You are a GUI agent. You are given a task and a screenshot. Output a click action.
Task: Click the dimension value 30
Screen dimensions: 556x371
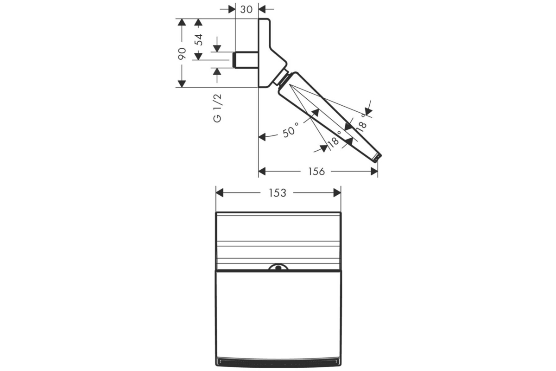pos(246,9)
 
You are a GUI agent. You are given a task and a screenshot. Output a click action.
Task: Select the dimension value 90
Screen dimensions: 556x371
pos(182,53)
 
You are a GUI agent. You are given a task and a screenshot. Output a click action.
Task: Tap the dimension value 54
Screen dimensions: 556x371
pos(199,40)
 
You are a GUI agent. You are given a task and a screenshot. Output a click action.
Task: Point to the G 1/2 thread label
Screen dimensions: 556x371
pos(217,108)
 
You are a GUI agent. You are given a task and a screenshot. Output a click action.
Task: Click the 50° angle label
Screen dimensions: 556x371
pos(291,130)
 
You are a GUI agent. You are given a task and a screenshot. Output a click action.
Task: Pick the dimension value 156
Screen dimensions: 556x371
pos(316,172)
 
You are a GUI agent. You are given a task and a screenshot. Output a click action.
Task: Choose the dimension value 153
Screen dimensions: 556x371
pos(278,193)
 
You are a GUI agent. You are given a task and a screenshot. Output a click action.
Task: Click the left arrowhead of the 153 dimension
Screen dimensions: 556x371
pos(220,193)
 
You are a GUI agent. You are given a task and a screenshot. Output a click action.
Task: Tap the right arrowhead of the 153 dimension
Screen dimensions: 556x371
pos(337,193)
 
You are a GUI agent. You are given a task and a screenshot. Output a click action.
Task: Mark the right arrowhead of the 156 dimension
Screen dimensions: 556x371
pos(374,171)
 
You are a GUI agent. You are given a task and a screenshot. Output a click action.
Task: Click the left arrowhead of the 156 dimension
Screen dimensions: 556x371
pos(262,171)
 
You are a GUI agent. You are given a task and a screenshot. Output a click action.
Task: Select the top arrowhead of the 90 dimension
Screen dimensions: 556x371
pos(182,22)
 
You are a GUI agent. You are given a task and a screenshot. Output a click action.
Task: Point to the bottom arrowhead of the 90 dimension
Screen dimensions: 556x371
pos(182,84)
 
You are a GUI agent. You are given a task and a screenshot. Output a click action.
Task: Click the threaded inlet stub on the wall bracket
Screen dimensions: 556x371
pos(246,60)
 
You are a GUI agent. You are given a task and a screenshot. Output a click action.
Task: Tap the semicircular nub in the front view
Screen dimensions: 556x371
pos(278,268)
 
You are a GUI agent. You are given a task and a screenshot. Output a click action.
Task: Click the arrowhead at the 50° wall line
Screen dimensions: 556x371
pos(262,137)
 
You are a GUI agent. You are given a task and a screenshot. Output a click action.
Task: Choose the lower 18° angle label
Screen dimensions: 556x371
pos(334,140)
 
